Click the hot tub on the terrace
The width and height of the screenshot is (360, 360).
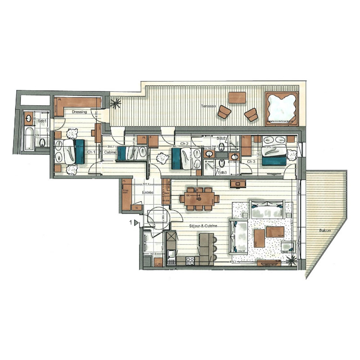click(282, 108)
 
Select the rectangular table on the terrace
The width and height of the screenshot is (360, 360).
click(237, 97)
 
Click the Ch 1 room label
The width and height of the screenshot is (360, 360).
click(91, 153)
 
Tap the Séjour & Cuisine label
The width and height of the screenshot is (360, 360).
click(199, 226)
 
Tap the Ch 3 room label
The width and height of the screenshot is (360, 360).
click(251, 161)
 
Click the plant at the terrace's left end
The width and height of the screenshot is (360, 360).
click(116, 104)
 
